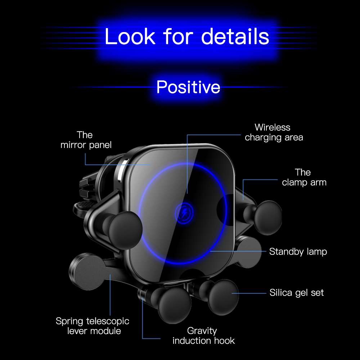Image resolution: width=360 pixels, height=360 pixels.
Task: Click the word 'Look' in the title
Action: click(130, 36)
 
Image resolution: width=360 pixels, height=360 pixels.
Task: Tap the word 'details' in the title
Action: click(235, 36)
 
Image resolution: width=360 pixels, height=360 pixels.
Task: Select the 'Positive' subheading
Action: click(188, 87)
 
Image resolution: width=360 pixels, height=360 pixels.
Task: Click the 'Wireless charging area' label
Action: click(274, 132)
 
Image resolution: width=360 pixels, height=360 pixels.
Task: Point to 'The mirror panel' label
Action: click(86, 140)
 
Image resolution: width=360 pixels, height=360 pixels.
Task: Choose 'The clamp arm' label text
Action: click(304, 177)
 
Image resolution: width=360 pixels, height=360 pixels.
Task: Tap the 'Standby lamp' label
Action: click(298, 251)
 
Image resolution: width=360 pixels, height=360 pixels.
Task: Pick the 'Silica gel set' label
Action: click(296, 292)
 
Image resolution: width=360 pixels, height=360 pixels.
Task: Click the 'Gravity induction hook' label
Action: click(203, 335)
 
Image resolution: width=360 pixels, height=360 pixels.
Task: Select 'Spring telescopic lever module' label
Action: click(93, 326)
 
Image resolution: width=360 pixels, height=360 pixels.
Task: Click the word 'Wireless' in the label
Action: click(272, 127)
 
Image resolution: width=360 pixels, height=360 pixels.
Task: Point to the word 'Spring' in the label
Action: click(70, 321)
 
